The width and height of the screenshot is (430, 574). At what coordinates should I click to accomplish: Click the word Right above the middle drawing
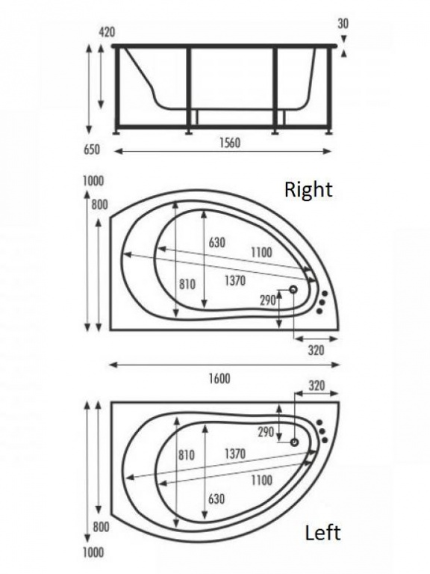(308, 190)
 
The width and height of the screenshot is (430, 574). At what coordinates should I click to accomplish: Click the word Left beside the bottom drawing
(322, 533)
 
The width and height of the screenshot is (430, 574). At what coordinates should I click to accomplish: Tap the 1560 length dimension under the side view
(231, 143)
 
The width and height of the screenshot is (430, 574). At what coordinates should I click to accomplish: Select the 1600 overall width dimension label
(219, 378)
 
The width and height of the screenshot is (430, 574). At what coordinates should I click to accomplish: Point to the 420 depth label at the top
(107, 32)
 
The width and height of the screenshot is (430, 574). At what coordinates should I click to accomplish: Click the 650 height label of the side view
(92, 149)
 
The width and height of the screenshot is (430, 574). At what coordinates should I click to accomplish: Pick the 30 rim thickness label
(343, 23)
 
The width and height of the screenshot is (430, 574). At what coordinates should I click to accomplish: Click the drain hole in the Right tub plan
(293, 289)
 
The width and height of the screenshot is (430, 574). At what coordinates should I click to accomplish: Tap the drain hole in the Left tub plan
(294, 442)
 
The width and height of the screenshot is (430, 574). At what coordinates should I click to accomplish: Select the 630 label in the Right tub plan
(216, 242)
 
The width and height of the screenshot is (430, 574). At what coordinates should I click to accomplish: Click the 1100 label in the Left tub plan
(261, 480)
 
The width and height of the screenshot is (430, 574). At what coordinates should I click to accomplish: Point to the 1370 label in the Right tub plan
(234, 281)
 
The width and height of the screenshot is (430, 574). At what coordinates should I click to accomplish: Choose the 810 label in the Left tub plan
(187, 455)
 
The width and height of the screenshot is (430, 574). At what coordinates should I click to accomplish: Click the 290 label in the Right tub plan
(268, 300)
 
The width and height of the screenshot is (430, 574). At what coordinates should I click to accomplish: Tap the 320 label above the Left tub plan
(317, 386)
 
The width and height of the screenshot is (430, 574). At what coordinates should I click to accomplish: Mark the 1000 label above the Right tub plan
(93, 181)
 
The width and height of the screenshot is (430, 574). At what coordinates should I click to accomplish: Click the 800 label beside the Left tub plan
(101, 527)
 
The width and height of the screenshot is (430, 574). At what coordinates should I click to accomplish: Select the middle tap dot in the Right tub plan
(322, 303)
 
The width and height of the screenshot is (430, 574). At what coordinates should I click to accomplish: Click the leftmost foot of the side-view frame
(116, 132)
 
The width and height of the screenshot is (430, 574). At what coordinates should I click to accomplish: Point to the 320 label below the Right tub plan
(316, 351)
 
